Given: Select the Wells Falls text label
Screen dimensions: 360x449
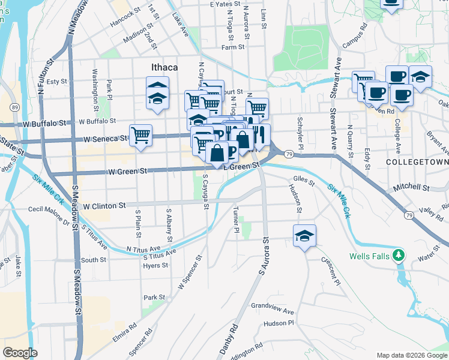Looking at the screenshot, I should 369,257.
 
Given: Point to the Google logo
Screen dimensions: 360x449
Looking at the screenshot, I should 20,353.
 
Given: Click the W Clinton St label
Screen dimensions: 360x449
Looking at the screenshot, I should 104,205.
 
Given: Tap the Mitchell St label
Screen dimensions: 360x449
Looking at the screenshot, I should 412,188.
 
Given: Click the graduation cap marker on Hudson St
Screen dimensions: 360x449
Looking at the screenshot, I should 304,235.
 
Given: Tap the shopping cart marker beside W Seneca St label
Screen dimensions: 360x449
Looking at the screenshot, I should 140,134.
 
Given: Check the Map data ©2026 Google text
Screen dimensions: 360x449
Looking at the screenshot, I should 411,355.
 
